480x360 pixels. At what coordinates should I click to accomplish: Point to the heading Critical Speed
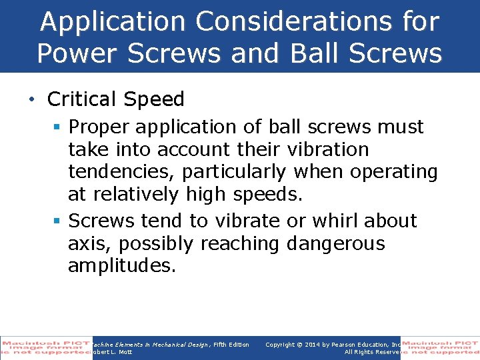(115, 99)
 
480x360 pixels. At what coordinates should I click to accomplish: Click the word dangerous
(335, 243)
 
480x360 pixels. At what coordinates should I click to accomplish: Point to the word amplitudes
(121, 266)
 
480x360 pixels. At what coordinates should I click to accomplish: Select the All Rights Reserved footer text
(371, 352)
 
